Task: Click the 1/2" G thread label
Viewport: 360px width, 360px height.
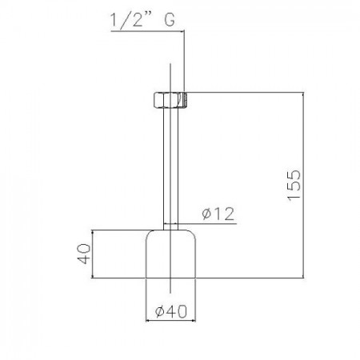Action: tap(142, 20)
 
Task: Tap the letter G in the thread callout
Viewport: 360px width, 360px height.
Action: tap(170, 20)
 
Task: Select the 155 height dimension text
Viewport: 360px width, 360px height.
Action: tap(294, 185)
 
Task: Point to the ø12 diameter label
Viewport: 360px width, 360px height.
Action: tap(218, 214)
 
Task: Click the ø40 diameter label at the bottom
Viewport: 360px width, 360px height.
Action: tap(171, 311)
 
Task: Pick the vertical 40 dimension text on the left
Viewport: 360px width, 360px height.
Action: tap(84, 253)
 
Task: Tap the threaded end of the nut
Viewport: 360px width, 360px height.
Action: tap(186, 100)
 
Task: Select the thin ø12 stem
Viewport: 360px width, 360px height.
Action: tap(170, 169)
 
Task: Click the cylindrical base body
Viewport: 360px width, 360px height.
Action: tap(170, 254)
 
